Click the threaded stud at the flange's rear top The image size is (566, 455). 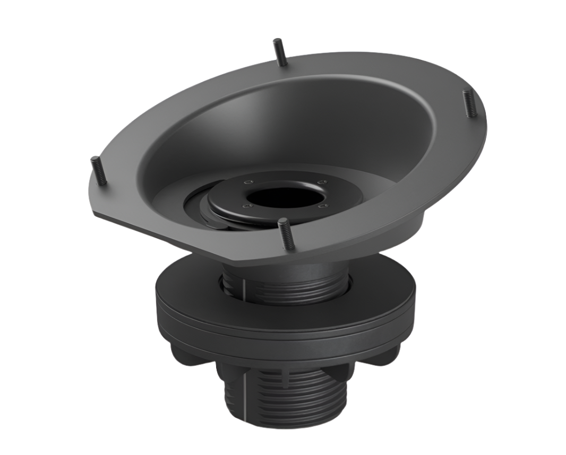[x=280, y=52]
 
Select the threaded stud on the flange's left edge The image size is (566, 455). [x=99, y=170]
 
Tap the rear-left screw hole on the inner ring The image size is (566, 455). [x=246, y=182]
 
